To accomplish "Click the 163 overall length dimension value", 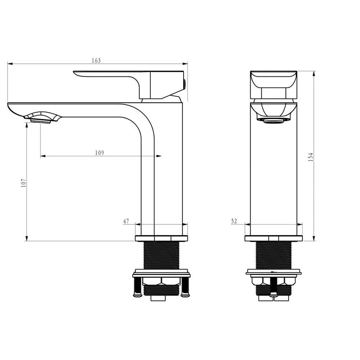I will [x=96, y=60].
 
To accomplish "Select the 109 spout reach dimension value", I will [x=100, y=153].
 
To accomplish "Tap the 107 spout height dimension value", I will [x=23, y=183].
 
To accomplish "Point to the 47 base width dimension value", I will [x=126, y=221].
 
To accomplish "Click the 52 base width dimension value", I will [x=234, y=221].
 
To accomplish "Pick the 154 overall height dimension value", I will [x=311, y=157].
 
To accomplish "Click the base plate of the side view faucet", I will [x=161, y=238].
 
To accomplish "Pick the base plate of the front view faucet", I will [x=274, y=238].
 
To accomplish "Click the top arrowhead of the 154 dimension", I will [x=314, y=73].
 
